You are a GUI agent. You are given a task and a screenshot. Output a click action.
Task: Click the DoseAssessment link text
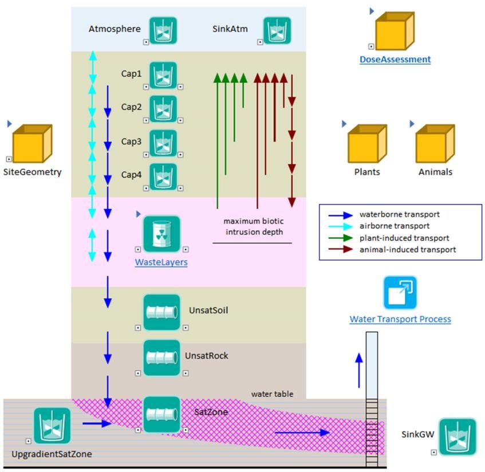click(395, 60)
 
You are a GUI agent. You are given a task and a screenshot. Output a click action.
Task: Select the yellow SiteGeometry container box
click(32, 143)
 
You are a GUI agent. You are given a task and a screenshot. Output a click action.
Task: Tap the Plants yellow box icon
click(367, 143)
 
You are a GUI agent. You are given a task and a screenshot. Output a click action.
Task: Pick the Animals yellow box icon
click(435, 143)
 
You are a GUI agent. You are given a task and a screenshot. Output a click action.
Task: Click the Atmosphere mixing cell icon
click(163, 30)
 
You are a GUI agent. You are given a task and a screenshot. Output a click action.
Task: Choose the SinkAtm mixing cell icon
click(277, 30)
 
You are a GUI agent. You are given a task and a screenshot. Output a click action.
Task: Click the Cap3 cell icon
click(163, 143)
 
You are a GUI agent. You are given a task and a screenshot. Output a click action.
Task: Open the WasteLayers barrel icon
click(161, 234)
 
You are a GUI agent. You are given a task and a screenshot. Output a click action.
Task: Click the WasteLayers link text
click(161, 262)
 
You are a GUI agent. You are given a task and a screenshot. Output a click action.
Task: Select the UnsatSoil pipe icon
click(161, 312)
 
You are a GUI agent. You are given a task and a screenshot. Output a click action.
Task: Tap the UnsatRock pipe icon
click(161, 358)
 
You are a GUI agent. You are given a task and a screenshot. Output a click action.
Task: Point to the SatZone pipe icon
click(161, 414)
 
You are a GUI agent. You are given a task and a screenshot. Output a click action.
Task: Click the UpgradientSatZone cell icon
click(52, 426)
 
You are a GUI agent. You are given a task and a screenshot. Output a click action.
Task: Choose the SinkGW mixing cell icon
click(458, 436)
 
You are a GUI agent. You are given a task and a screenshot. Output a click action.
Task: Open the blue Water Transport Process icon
click(400, 293)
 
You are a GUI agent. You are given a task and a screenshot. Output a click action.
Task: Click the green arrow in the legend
click(341, 238)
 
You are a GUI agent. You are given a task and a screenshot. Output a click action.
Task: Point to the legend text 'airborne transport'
click(395, 226)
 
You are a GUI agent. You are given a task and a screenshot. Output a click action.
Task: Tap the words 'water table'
click(272, 394)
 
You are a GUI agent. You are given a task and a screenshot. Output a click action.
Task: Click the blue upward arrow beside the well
click(359, 371)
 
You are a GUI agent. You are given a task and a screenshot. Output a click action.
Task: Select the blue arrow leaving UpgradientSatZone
click(97, 423)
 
